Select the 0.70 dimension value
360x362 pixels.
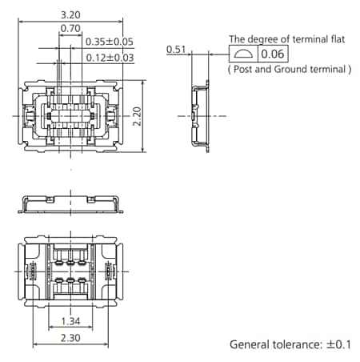click(70, 28)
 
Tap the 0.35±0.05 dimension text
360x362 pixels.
click(110, 42)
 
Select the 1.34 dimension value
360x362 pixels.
click(72, 321)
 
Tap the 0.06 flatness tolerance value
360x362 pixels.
click(273, 54)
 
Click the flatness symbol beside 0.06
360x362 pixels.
click(243, 54)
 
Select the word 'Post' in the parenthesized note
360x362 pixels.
click(244, 70)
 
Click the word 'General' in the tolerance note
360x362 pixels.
click(250, 344)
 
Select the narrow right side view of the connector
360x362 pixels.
click(199, 115)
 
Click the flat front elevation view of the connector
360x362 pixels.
click(72, 203)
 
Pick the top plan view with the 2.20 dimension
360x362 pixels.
click(72, 116)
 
